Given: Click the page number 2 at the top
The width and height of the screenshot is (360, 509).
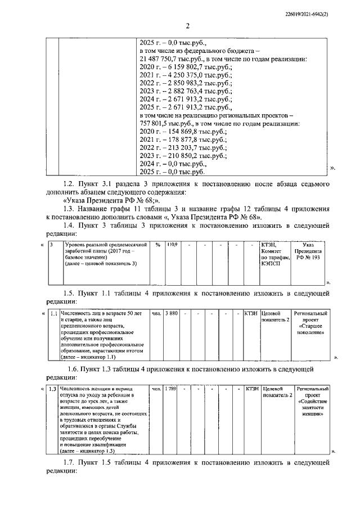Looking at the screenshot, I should click(x=187, y=25).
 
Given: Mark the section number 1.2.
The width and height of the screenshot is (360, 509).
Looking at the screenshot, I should click(x=69, y=184).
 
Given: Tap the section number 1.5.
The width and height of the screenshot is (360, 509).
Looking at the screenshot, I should click(x=69, y=293).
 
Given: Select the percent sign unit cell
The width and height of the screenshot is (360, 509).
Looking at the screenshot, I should click(x=158, y=245).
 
